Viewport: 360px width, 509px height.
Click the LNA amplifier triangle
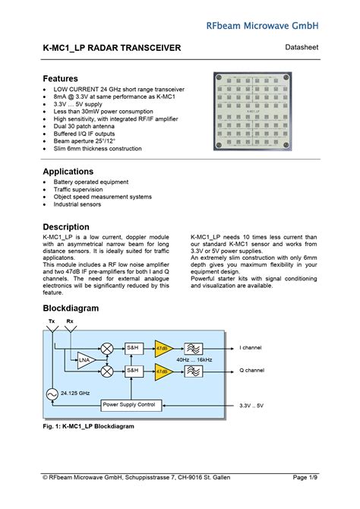coord(85,359)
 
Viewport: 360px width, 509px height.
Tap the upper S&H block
coord(132,347)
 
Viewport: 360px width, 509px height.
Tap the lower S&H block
coord(132,371)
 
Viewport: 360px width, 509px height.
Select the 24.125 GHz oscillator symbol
coord(52,394)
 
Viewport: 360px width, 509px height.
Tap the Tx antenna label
coord(52,321)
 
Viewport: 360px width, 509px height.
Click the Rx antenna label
coord(70,321)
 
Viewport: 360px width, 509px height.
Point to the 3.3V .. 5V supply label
coord(250,406)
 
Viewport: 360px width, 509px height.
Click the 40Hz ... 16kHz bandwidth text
coord(195,359)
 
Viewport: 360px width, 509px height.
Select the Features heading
coord(60,79)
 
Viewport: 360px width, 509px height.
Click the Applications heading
coord(68,172)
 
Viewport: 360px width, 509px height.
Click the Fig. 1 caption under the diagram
coord(88,427)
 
